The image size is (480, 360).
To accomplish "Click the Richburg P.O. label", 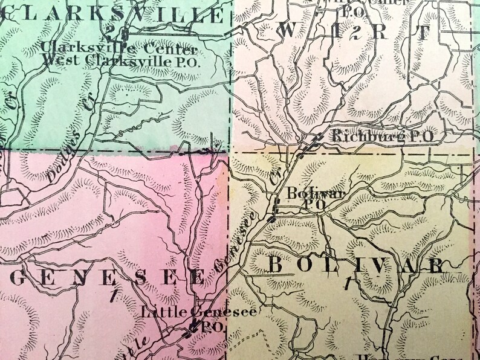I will tap(382, 137).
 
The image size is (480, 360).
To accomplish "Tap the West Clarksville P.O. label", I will tap(122, 60).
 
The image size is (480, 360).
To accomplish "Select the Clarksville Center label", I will tap(120, 48).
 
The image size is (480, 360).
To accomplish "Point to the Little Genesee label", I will tap(198, 312).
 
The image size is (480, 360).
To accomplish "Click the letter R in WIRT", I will tap(389, 34).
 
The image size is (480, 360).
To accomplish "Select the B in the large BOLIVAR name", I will tap(273, 265).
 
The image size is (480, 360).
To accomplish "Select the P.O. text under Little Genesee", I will tap(209, 325).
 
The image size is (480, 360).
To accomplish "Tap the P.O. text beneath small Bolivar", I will tap(317, 205).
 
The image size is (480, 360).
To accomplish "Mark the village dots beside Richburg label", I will tap(312, 142).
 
